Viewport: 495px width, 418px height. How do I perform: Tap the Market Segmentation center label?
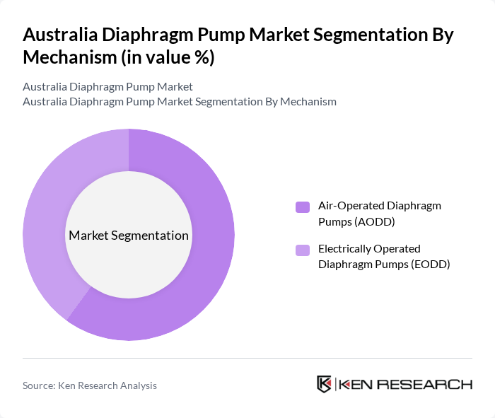coord(129,236)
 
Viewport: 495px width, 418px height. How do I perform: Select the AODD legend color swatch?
coord(303,207)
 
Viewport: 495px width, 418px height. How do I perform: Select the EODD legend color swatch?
coord(303,250)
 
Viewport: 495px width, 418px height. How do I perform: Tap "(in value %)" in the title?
coord(168,58)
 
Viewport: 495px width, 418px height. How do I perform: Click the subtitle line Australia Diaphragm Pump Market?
coord(107,87)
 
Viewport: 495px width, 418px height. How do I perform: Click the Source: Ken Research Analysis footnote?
coord(90,385)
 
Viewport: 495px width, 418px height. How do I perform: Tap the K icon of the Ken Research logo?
coord(325,385)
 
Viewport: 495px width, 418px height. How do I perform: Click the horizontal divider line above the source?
coord(248,358)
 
